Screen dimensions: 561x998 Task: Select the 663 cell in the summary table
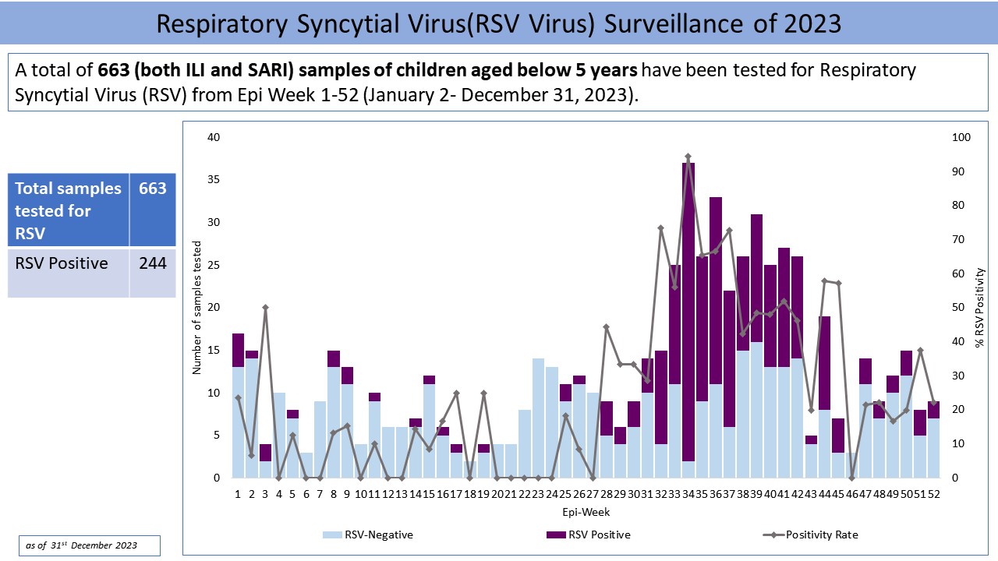pos(153,189)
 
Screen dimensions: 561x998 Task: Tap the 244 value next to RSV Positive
pos(153,263)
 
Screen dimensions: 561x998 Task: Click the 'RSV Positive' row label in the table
pos(62,263)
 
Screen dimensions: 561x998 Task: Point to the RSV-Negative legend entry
pos(368,535)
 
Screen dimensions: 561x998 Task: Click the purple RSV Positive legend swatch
pos(556,535)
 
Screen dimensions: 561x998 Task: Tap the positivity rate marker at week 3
pos(265,307)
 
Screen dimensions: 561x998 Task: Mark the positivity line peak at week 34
pos(688,157)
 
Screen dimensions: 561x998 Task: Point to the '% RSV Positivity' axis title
pos(980,308)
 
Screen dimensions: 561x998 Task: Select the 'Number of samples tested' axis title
pos(197,308)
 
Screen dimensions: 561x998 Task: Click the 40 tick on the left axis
pos(214,138)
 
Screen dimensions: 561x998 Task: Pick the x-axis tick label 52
pos(933,493)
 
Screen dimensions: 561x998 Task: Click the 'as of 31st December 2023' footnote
pos(89,545)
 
